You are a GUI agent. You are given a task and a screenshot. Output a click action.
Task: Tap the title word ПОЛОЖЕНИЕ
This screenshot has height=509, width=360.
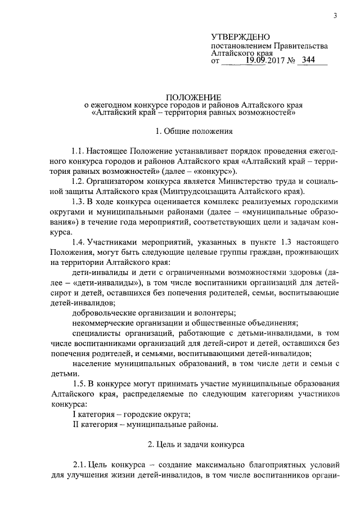point(194,96)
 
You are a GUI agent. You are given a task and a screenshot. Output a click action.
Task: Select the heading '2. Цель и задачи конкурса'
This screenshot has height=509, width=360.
point(195,444)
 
